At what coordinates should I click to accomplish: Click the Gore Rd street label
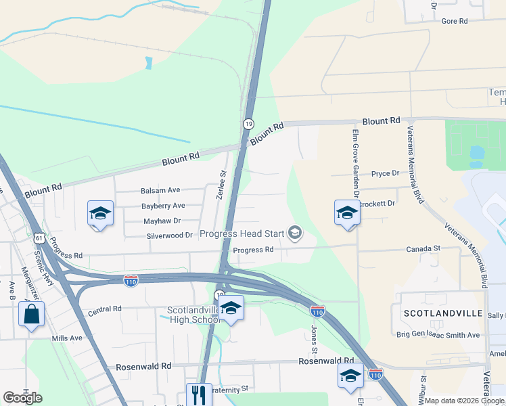[455, 21]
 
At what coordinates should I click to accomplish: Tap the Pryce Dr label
[386, 174]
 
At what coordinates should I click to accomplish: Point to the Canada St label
[423, 249]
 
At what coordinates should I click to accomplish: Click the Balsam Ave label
[160, 191]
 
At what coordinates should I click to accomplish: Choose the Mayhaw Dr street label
[162, 221]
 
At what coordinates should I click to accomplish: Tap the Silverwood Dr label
[170, 235]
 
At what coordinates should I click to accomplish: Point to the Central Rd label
[104, 309]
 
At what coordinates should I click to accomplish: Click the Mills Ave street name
[67, 338]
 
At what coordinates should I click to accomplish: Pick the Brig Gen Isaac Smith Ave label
[438, 335]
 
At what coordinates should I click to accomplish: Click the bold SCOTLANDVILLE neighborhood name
[443, 314]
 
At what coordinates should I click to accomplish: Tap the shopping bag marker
[31, 315]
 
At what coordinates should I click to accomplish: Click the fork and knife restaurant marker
[198, 394]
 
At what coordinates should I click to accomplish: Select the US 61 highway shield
[39, 238]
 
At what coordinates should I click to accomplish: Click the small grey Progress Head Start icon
[294, 234]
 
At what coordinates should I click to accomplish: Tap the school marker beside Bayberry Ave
[100, 214]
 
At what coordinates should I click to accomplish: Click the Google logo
[22, 398]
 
